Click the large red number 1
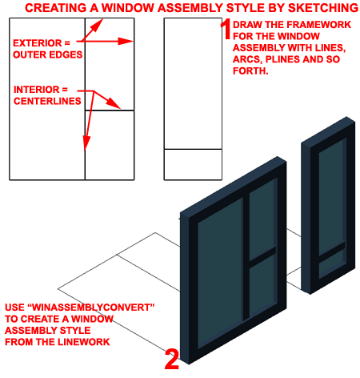tap(227, 29)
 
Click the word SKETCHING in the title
tap(319, 7)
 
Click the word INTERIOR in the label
tap(38, 90)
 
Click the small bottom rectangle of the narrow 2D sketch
tap(192, 164)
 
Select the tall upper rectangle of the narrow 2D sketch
tap(192, 83)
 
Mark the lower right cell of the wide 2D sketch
tap(109, 145)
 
